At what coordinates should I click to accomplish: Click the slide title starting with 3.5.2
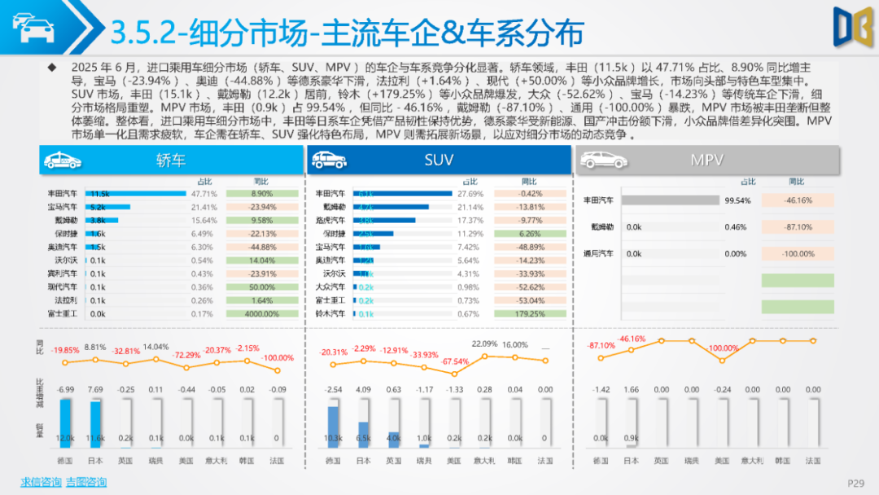347,33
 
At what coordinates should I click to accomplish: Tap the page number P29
855,482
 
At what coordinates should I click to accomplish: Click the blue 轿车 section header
170,160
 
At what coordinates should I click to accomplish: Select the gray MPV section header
706,160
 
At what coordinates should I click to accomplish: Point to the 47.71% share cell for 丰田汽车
203,195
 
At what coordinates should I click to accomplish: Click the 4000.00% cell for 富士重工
262,313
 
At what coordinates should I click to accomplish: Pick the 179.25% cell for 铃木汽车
530,313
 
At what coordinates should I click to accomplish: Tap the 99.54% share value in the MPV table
736,200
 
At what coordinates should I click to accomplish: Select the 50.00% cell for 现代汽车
262,287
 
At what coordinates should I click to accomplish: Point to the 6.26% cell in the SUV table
530,234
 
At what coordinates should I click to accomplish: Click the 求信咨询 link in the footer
41,482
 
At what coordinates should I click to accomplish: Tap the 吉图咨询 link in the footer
86,482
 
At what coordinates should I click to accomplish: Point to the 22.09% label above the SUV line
484,344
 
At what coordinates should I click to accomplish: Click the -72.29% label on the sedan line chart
187,355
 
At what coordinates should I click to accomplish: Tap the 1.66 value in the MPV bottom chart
631,390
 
